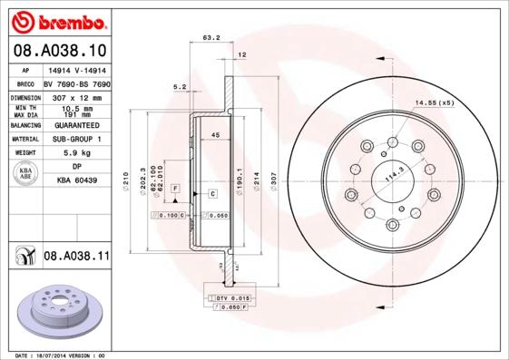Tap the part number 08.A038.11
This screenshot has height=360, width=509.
click(76, 258)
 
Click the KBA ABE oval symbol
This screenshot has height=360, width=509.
click(26, 174)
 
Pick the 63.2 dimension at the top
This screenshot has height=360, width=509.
click(210, 38)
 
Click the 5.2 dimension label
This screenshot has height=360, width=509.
click(179, 87)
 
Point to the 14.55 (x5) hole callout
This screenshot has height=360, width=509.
click(435, 103)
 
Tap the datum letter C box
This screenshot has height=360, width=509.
click(212, 194)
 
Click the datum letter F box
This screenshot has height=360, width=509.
click(175, 188)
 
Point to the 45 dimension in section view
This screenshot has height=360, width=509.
click(215, 135)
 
